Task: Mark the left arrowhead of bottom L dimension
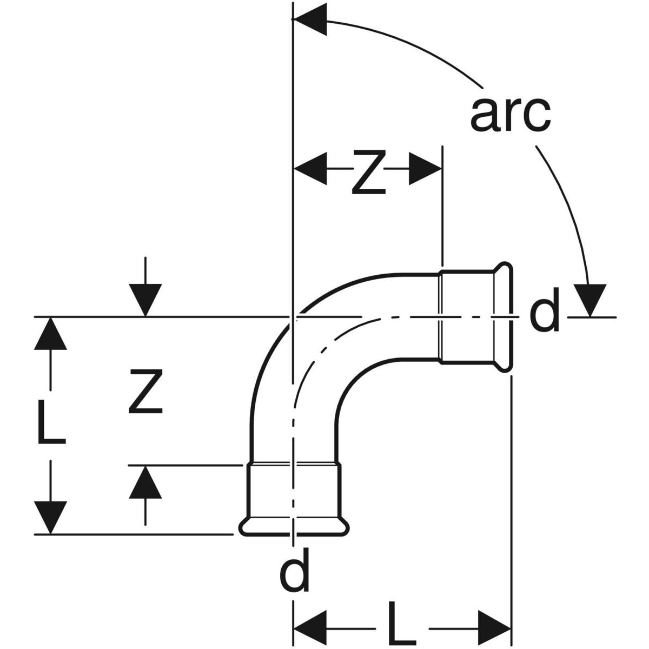click(x=310, y=628)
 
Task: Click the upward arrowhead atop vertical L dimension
click(x=52, y=334)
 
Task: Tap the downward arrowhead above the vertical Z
click(x=145, y=299)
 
